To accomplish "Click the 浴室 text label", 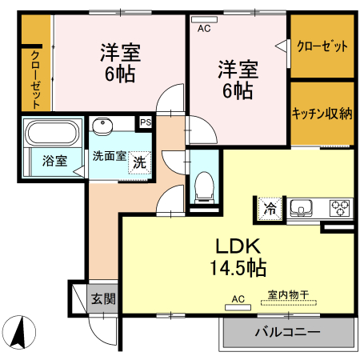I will tap(54, 159).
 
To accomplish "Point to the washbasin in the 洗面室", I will tap(102, 126).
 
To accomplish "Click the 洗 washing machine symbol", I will tap(140, 160).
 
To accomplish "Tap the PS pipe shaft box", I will tap(146, 122).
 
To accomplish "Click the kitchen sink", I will tap(302, 209).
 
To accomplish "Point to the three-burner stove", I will tap(339, 208).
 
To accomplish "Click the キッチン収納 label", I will tap(322, 114).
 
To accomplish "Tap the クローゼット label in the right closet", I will tap(322, 46).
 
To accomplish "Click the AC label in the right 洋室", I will tap(203, 28).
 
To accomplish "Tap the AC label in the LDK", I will tap(237, 300).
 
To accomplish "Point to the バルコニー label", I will tap(287, 332).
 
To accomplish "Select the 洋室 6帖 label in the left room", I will tap(120, 64).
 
